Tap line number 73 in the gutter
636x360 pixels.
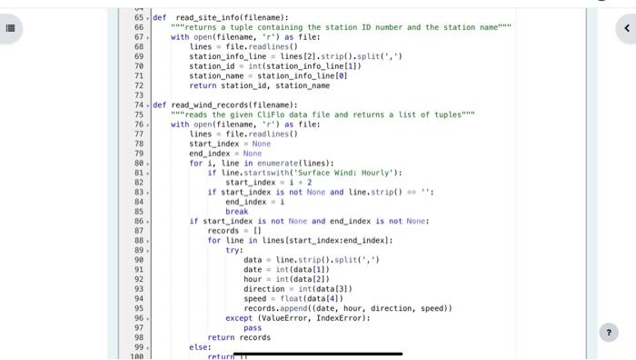(x=139, y=95)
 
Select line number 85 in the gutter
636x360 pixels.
(x=139, y=211)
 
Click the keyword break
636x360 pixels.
(x=236, y=211)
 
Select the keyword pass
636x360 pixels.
(x=253, y=327)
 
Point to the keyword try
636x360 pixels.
(x=234, y=250)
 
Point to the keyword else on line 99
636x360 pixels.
(x=199, y=346)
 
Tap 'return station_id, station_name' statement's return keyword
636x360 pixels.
(x=204, y=85)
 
